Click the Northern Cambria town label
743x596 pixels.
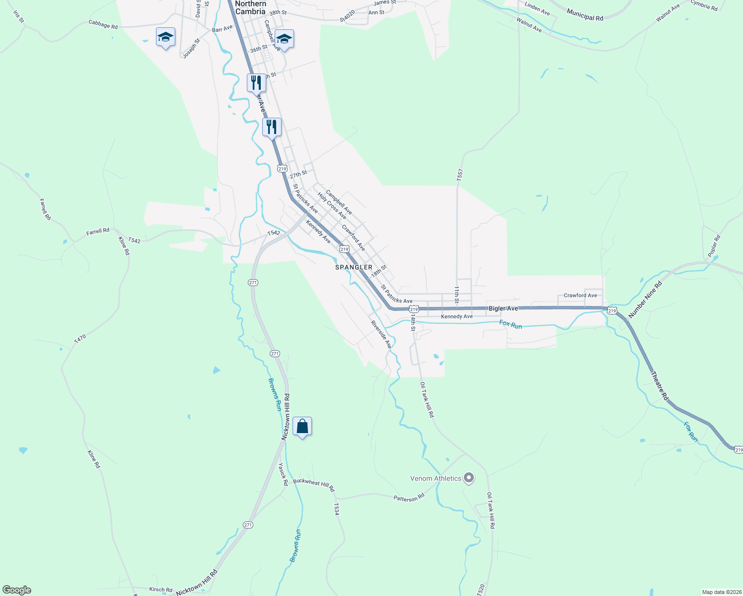coord(250,7)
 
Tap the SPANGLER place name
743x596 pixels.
coord(354,267)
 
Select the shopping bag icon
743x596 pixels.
coord(302,426)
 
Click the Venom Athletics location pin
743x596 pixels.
coord(469,478)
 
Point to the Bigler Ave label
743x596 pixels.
coord(503,308)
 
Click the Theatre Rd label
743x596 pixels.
coord(660,386)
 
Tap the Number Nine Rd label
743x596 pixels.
coord(645,300)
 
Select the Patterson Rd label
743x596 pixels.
coord(409,498)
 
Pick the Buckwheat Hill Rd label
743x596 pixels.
coord(314,485)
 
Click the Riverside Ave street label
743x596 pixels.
coord(381,334)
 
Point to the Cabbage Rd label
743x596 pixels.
coord(103,24)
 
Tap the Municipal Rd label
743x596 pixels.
coord(585,16)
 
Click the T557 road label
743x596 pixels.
coord(460,174)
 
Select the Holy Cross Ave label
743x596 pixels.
coord(332,206)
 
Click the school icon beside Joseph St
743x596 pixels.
coord(165,38)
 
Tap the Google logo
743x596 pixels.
coord(17,590)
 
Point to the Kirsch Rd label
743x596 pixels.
coord(160,590)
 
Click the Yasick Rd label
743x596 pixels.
coord(283,474)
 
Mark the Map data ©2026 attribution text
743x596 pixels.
coord(720,592)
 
